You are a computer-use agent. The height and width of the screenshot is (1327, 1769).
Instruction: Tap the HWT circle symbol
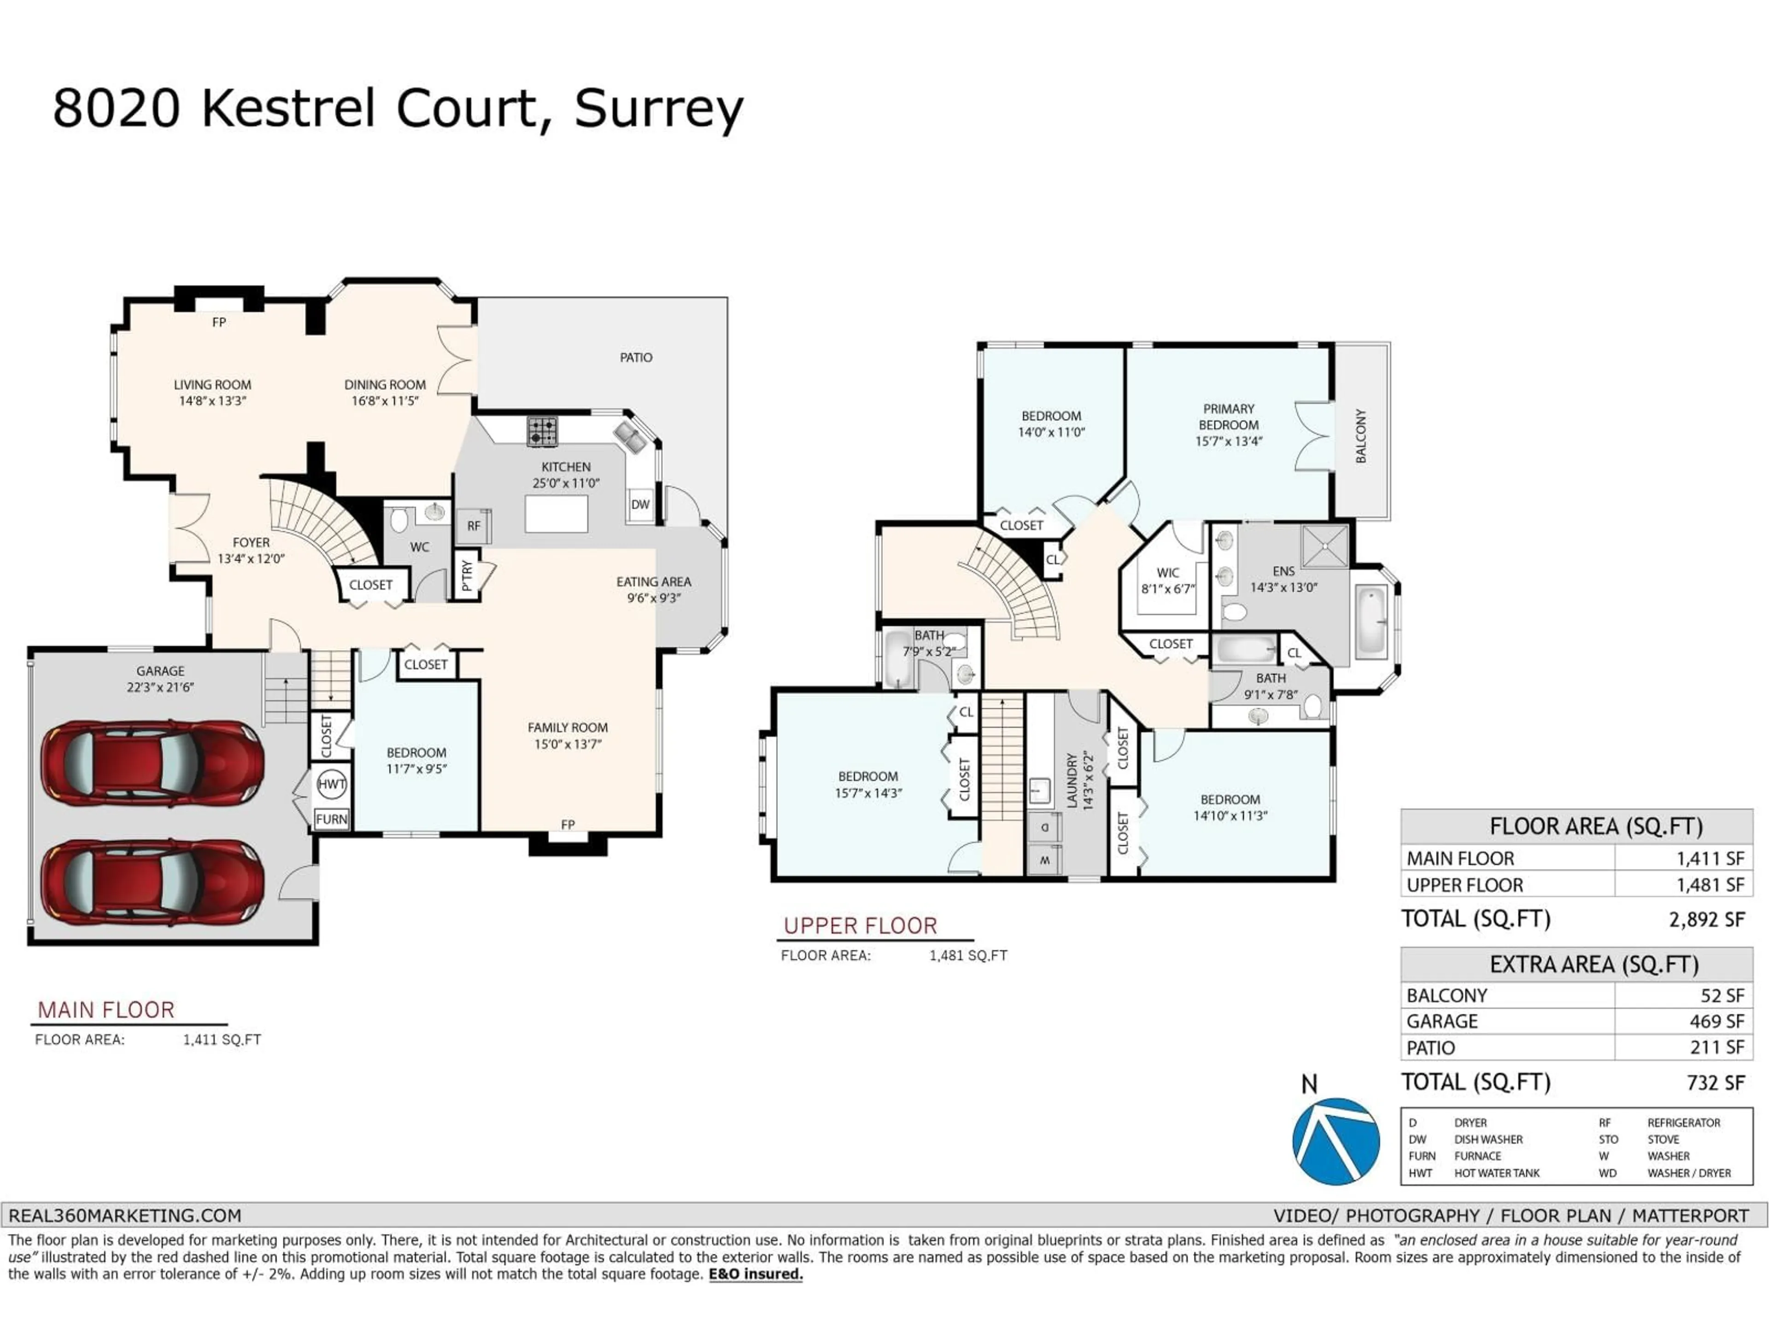(x=331, y=784)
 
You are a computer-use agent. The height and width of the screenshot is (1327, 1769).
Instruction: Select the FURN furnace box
(x=331, y=819)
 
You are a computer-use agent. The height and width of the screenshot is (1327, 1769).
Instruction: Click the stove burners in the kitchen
(x=542, y=432)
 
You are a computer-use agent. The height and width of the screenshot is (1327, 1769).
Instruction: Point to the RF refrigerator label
(x=474, y=526)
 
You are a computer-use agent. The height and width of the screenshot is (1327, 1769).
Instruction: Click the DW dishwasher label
(x=640, y=505)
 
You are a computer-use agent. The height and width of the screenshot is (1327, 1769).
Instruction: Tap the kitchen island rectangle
(x=556, y=514)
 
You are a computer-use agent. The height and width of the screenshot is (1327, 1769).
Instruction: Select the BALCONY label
(x=1361, y=436)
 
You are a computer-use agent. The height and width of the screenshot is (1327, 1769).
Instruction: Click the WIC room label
(x=1168, y=573)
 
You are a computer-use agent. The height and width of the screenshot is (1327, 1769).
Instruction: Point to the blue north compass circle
(x=1336, y=1141)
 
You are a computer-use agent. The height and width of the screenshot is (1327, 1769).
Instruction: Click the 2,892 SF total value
(x=1707, y=920)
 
